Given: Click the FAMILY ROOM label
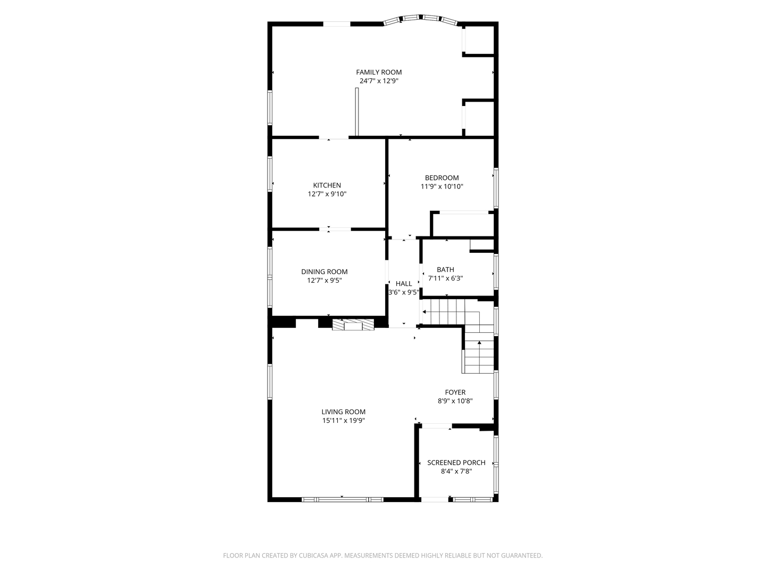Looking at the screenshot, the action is [x=379, y=72].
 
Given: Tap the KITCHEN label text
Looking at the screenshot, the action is [x=327, y=185].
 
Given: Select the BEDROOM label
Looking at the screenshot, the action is [x=442, y=178].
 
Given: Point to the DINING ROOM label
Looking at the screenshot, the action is [x=324, y=272].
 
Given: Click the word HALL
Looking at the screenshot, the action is [x=403, y=283].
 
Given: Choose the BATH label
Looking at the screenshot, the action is [x=445, y=269].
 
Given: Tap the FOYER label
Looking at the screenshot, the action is [x=455, y=392].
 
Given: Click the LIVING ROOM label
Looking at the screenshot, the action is [x=344, y=412].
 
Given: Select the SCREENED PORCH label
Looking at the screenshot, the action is [x=456, y=463].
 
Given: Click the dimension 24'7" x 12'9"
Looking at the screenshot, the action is [x=379, y=81].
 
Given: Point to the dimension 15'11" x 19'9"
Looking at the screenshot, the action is [x=344, y=421].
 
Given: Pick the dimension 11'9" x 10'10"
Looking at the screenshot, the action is [x=442, y=186].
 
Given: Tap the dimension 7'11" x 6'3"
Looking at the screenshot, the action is [x=445, y=278].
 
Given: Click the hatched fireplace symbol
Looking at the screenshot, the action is [x=353, y=325].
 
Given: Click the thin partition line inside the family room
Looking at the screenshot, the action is [x=356, y=112].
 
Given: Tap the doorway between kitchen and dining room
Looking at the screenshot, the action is [x=335, y=229].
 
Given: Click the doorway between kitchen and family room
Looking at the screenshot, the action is [x=334, y=137].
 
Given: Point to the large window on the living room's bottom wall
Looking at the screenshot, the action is [x=343, y=499].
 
